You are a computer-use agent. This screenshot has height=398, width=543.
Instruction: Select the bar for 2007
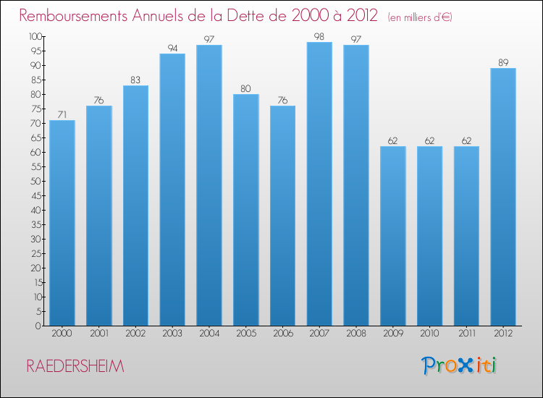point(319,184)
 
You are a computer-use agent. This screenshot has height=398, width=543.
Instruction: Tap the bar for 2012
point(503,197)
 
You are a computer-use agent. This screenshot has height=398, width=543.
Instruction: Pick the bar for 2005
point(246,210)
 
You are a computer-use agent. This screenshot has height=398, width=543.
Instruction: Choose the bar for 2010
point(429,236)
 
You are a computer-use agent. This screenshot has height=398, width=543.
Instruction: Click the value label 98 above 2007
point(319,36)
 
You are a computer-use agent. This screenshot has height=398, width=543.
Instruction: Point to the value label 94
point(172,48)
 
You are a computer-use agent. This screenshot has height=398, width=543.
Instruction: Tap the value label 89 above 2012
point(503,62)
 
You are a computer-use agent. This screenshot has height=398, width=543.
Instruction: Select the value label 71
point(62,114)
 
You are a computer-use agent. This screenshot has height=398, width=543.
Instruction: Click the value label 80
point(246,88)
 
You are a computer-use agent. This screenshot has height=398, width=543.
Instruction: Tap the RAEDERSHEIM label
point(75,367)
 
